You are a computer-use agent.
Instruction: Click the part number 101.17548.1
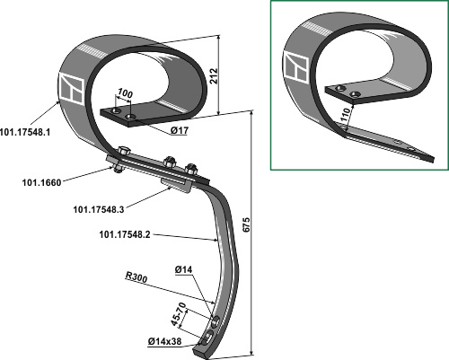pyautogui.click(x=25, y=132)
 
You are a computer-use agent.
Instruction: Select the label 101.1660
pyautogui.click(x=41, y=182)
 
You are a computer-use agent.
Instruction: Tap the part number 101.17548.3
pyautogui.click(x=99, y=209)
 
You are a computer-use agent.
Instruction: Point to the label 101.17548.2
pyautogui.click(x=125, y=234)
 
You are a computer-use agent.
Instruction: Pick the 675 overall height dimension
pyautogui.click(x=246, y=224)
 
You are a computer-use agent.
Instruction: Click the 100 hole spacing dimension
pyautogui.click(x=125, y=93)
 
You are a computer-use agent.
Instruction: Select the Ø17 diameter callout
pyautogui.click(x=180, y=130)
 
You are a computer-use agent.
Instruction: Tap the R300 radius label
pyautogui.click(x=136, y=277)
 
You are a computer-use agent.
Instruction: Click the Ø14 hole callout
pyautogui.click(x=183, y=269)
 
